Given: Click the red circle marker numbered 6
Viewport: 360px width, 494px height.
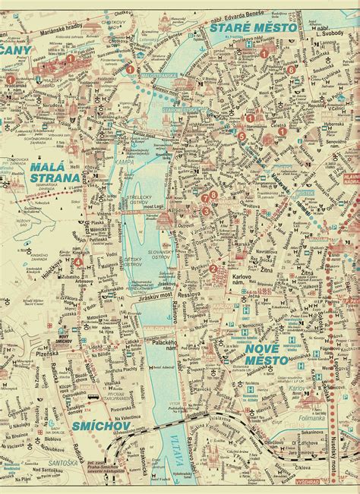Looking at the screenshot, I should point(291,70).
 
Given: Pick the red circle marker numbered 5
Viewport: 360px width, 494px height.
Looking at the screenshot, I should point(241,137).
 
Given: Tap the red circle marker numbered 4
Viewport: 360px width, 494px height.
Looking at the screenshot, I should point(78,262).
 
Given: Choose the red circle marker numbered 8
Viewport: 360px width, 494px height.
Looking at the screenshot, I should point(214,195).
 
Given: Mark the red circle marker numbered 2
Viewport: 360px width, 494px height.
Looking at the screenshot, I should point(213,268).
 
